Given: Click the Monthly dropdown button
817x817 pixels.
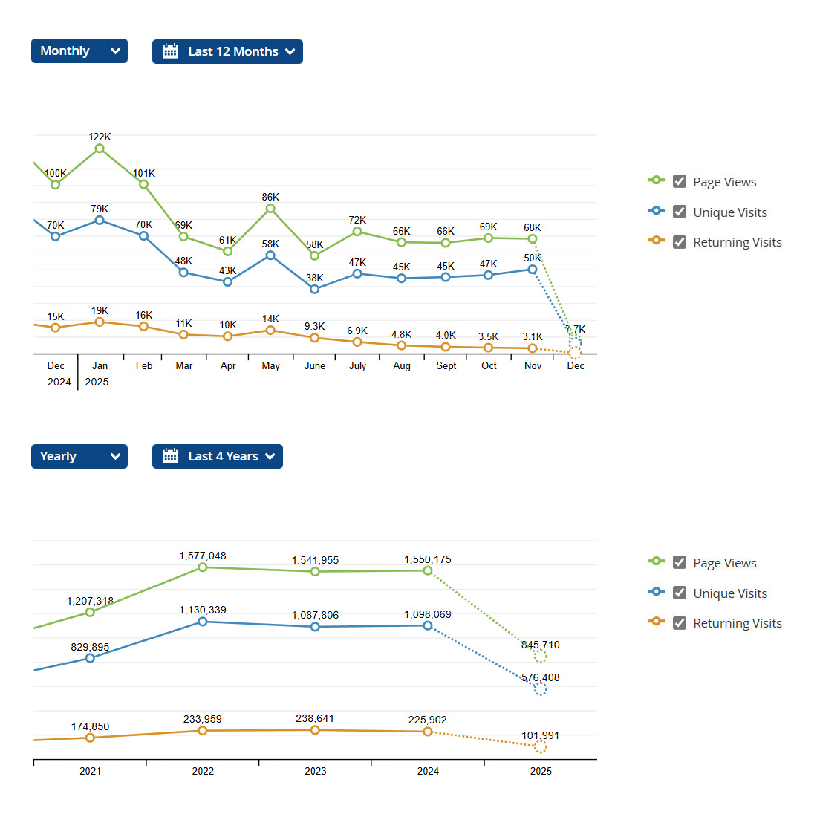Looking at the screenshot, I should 79,51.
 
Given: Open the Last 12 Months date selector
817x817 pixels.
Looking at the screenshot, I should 227,51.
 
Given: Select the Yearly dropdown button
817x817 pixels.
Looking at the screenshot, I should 79,456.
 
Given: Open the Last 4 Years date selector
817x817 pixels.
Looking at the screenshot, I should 217,456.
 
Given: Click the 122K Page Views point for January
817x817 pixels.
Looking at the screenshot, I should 100,149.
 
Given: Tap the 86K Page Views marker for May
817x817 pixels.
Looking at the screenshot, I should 270,209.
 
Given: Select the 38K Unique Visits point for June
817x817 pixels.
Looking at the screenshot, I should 314,289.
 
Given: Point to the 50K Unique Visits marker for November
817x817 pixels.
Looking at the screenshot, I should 533,270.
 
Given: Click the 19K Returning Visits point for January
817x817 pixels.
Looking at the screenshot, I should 100,322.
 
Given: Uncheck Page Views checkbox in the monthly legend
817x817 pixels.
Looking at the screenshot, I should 679,181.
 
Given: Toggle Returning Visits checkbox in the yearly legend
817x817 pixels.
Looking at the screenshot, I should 679,623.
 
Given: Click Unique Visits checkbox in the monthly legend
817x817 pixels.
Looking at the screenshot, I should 679,212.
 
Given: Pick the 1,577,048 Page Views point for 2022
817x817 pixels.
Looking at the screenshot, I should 203,567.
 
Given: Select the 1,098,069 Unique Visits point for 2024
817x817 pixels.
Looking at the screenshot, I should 428,625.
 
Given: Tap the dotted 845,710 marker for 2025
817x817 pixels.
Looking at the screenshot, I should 540,656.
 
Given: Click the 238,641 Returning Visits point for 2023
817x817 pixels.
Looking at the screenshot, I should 315,730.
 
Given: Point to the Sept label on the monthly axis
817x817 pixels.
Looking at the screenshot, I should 446,365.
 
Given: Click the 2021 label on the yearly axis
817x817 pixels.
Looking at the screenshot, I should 90,771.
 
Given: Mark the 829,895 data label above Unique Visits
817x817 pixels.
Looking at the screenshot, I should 90,647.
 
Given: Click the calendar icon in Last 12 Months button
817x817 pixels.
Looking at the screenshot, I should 170,51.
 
